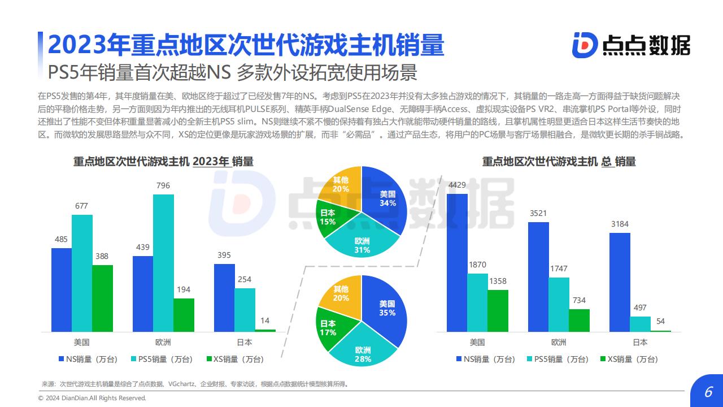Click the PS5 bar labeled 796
point(163,263)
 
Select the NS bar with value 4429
point(457,262)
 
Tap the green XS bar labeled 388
point(102,298)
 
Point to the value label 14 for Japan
point(265,321)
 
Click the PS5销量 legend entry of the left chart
point(161,359)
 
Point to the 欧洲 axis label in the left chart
point(163,342)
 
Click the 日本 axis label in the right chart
point(640,342)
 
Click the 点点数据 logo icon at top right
point(584,45)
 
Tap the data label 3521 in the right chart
point(538,213)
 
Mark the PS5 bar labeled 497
point(640,323)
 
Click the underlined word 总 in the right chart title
point(607,162)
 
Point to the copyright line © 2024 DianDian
point(92,398)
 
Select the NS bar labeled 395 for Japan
point(224,297)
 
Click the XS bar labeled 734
point(579,320)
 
